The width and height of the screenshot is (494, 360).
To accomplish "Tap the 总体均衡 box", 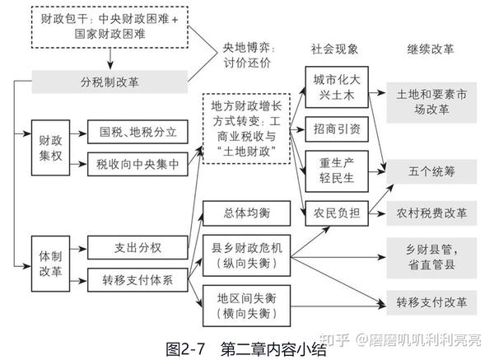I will pos(245,213).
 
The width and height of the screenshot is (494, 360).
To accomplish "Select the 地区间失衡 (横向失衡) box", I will pos(245,305).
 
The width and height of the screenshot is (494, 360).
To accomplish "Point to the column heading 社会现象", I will pos(335,49).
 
